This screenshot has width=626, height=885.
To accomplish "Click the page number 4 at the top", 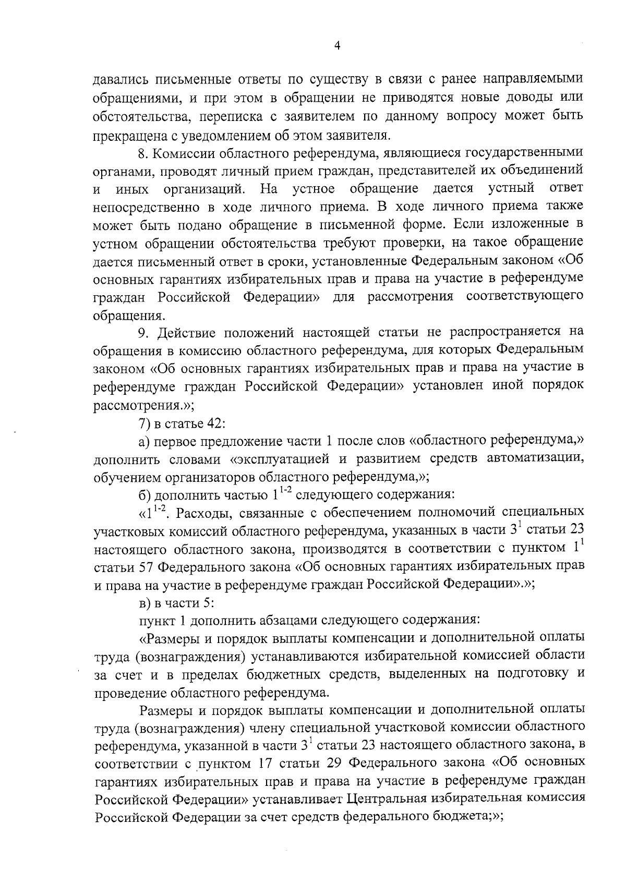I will pos(337,46).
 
